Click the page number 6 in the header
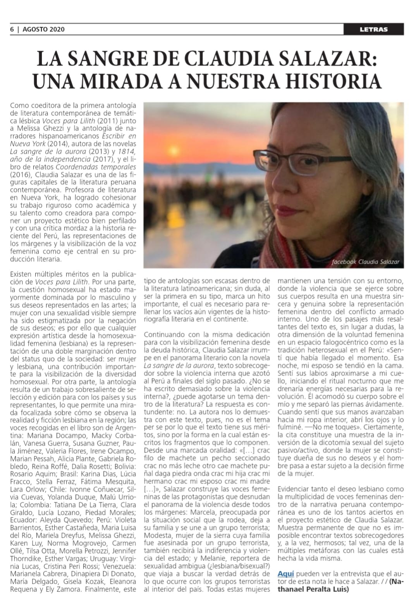tap(12, 29)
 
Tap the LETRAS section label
tap(373, 29)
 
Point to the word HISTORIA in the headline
tap(333, 81)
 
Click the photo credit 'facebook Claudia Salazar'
tap(365, 262)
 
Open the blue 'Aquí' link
tap(285, 574)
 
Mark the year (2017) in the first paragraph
tap(102, 159)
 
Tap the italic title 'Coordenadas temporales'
tap(96, 167)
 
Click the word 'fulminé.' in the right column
tap(291, 427)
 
